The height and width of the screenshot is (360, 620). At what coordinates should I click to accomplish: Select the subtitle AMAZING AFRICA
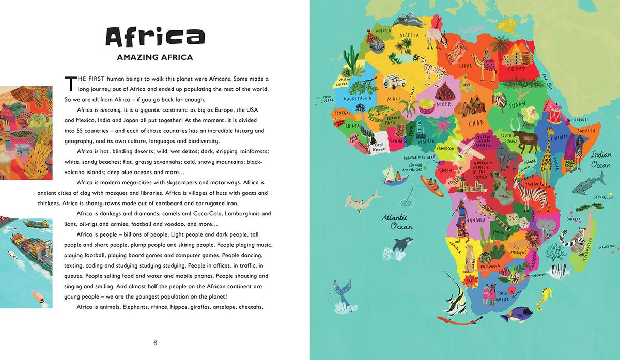(x=154, y=57)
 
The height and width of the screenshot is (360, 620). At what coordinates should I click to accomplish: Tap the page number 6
(x=154, y=342)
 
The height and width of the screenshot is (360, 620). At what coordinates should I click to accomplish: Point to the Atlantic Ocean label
(x=395, y=222)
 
